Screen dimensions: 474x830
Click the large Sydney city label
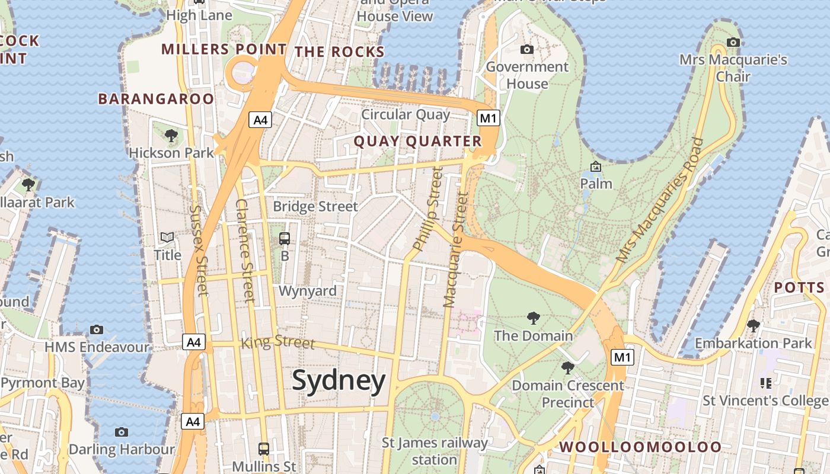(339, 380)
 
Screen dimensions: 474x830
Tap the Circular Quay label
(406, 114)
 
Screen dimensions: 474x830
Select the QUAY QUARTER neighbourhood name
(417, 141)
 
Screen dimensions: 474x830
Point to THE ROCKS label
(340, 52)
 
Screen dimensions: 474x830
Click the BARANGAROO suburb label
(156, 99)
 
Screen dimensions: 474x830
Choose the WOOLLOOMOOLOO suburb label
(640, 447)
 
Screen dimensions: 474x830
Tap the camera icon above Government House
(526, 49)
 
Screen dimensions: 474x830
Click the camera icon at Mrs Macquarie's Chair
(733, 42)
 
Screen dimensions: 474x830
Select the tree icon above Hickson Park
(171, 136)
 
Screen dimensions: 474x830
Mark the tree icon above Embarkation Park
(754, 326)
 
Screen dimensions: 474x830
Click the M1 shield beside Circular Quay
(488, 118)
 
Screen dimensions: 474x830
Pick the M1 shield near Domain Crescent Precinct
(622, 357)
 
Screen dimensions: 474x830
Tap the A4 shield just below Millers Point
(261, 120)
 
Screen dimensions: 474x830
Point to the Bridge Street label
(315, 206)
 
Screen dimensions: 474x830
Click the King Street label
(277, 342)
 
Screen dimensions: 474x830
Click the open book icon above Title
(167, 238)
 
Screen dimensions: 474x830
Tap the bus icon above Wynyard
(285, 239)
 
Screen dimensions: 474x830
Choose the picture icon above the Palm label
(596, 166)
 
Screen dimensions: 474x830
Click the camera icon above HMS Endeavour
(97, 329)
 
